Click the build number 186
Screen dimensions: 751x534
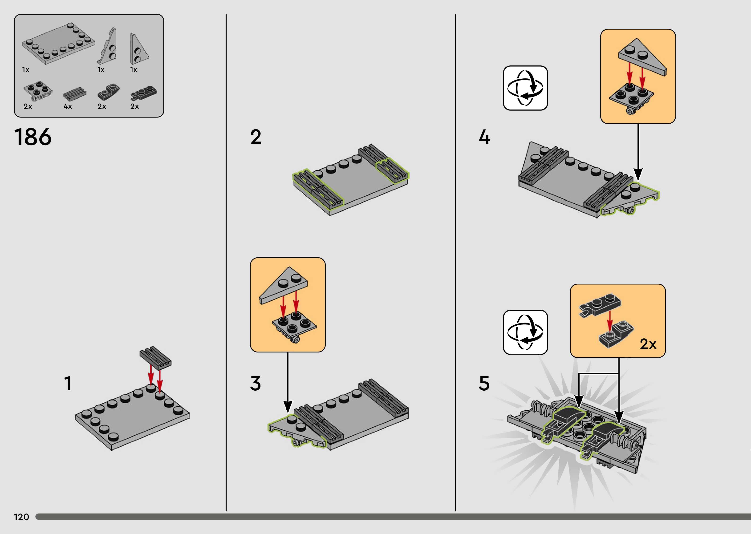pyautogui.click(x=33, y=137)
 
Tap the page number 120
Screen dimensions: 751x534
pyautogui.click(x=21, y=517)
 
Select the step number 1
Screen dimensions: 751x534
pyautogui.click(x=68, y=383)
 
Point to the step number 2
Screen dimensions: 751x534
pyautogui.click(x=256, y=137)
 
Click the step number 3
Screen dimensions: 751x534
pyautogui.click(x=256, y=383)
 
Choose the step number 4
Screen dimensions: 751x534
pyautogui.click(x=484, y=137)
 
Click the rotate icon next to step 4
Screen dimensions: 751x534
pyautogui.click(x=525, y=88)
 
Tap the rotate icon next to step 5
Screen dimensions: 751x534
pyautogui.click(x=525, y=332)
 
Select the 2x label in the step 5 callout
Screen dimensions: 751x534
pyautogui.click(x=648, y=344)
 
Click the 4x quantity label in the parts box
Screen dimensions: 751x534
pyautogui.click(x=68, y=106)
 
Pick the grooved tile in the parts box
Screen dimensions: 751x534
pyautogui.click(x=75, y=94)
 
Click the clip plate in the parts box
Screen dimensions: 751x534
pyautogui.click(x=144, y=93)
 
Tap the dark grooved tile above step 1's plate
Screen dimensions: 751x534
pyautogui.click(x=155, y=357)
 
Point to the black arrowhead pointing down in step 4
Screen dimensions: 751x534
pyautogui.click(x=638, y=174)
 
